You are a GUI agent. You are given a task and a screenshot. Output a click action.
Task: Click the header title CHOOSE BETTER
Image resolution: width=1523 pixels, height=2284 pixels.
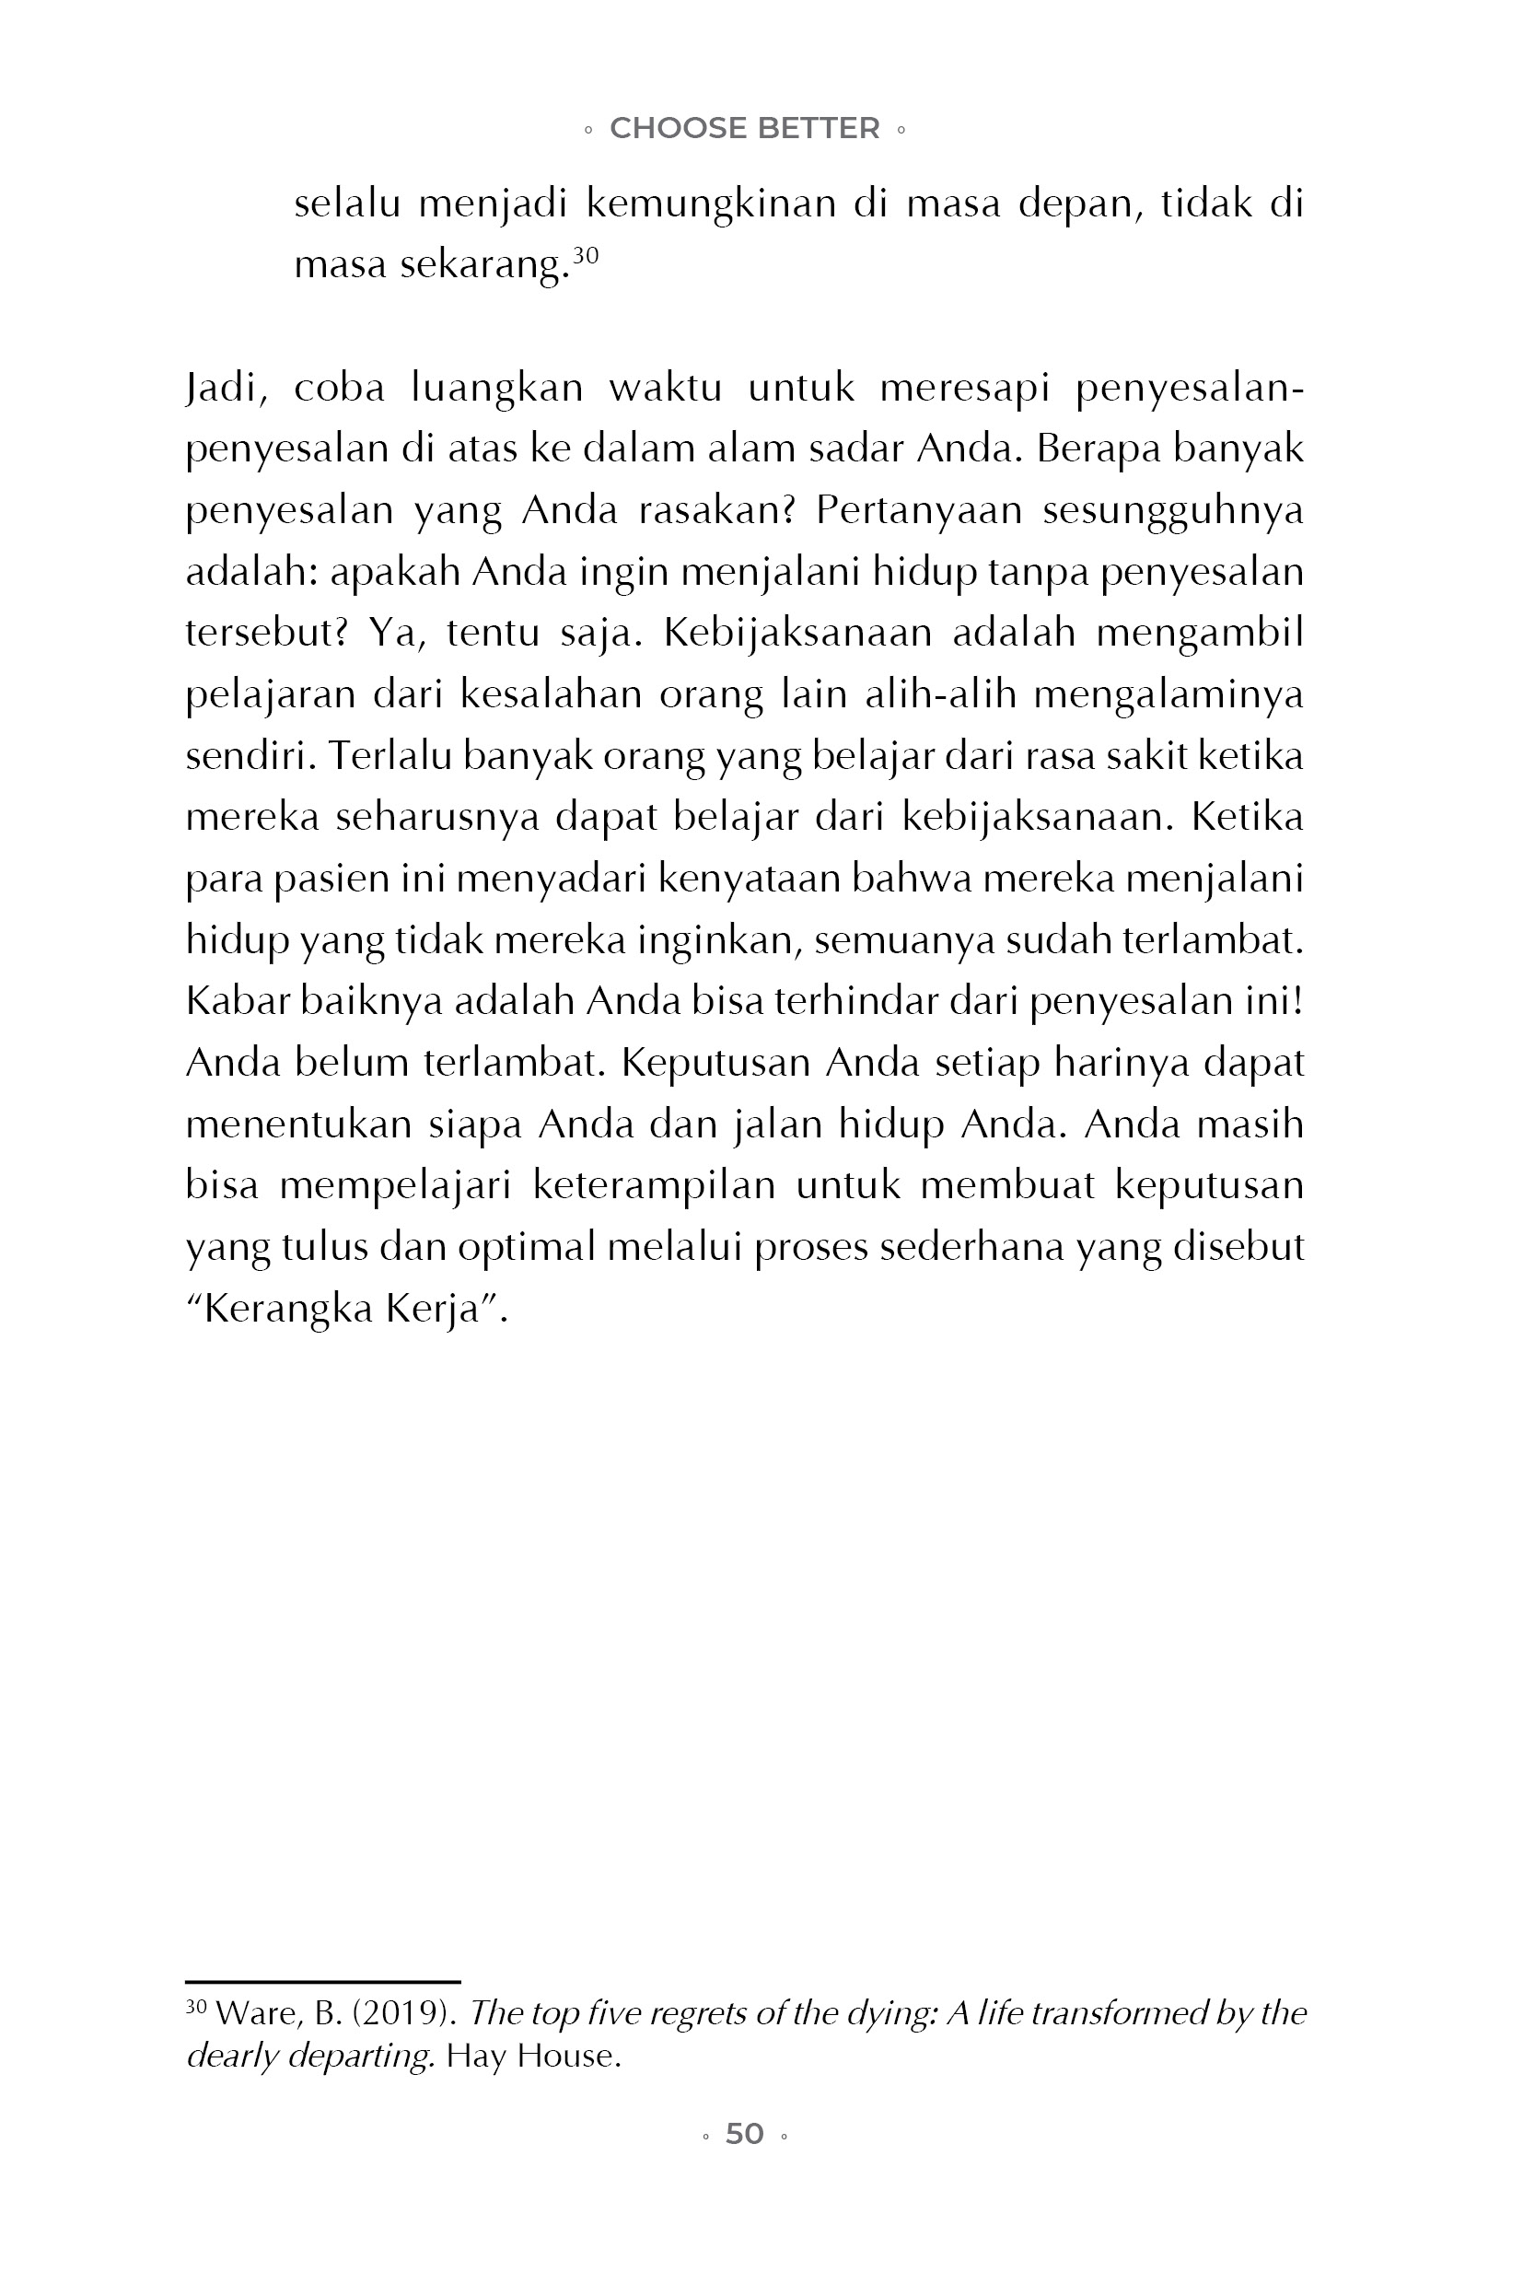[744, 128]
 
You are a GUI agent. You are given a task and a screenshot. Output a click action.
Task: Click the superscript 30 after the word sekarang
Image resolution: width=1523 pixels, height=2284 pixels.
[585, 255]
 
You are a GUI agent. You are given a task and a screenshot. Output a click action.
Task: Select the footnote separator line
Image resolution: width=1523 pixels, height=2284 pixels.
[322, 1981]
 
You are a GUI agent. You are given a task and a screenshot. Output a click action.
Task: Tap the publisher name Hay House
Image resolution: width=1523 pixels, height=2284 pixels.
[532, 2055]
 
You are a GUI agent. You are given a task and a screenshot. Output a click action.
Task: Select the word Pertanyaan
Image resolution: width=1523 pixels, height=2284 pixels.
[918, 510]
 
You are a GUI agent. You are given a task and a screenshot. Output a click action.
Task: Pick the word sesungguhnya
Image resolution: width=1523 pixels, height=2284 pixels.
[1172, 510]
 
